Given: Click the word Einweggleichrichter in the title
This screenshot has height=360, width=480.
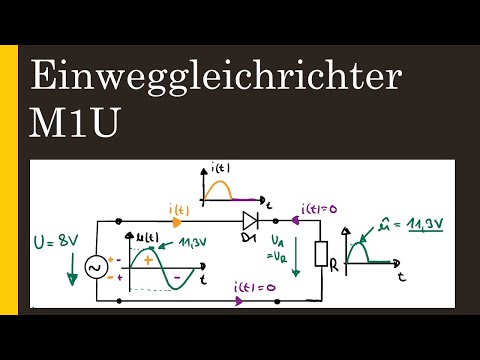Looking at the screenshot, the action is [216, 78].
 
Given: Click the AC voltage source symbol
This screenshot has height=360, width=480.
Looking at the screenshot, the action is [97, 268].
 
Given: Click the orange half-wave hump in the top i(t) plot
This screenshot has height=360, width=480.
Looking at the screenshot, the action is [221, 188].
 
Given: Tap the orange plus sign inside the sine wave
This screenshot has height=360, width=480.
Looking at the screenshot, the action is [149, 259].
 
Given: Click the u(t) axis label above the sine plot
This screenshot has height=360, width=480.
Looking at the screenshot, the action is [146, 236].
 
